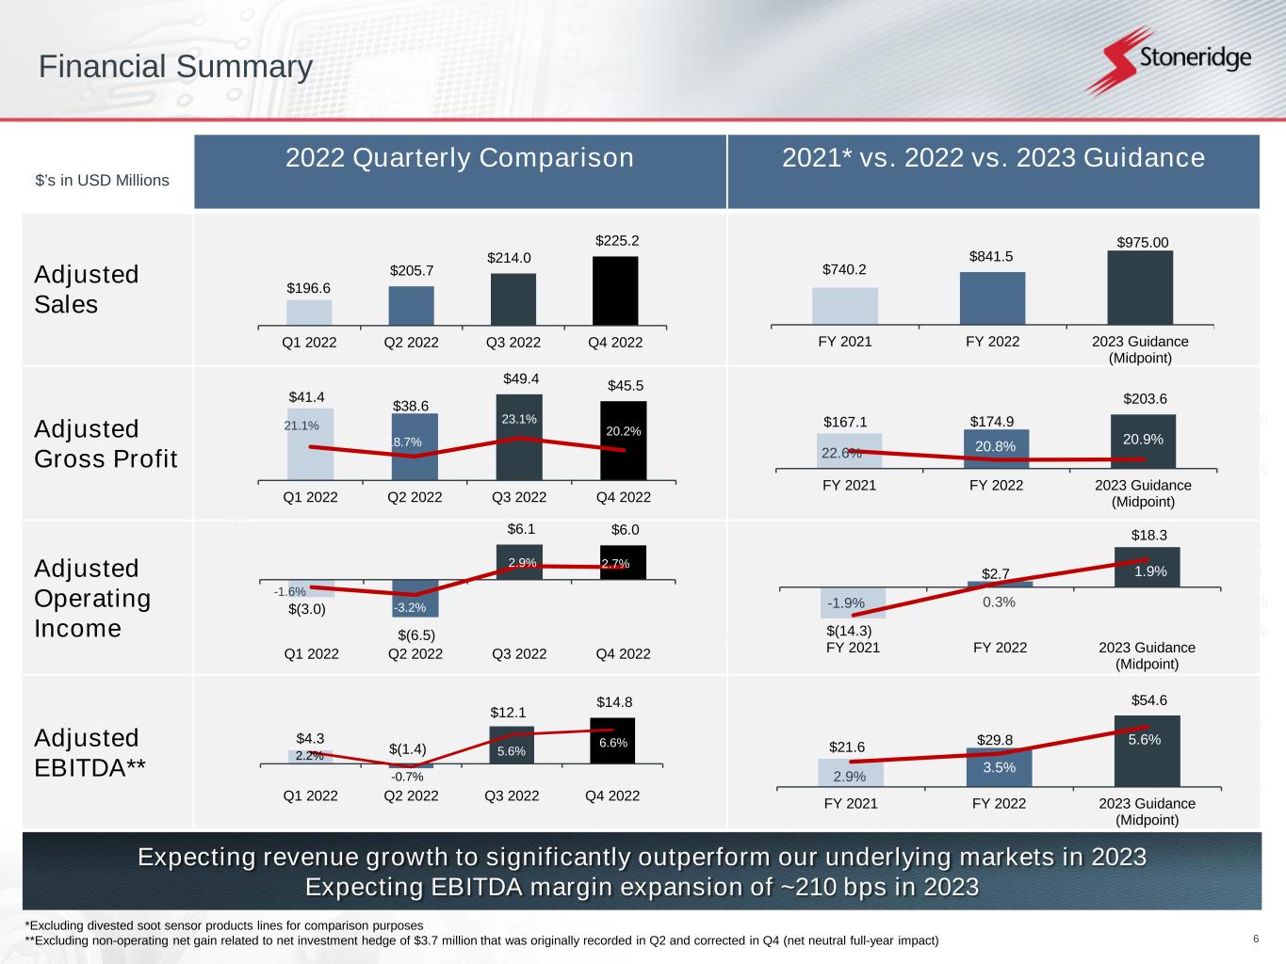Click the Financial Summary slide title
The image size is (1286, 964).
[175, 67]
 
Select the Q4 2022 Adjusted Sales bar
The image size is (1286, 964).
[615, 291]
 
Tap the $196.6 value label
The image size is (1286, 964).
[309, 288]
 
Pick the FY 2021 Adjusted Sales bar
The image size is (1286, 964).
[845, 306]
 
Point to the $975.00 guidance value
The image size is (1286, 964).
[1142, 243]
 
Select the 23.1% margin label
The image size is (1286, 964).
[519, 420]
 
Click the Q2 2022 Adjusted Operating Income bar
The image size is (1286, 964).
[415, 598]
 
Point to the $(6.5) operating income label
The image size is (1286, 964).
[416, 635]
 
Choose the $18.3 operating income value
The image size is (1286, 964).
[1148, 535]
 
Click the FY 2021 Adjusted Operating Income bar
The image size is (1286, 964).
[853, 602]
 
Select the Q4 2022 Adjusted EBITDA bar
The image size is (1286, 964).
[612, 741]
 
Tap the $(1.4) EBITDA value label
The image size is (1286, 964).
[408, 749]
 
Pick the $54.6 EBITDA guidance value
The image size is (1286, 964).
[1148, 700]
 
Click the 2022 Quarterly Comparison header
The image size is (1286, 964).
[460, 158]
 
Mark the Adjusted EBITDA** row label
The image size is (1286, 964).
[90, 752]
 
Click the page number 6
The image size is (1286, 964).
[1256, 939]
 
